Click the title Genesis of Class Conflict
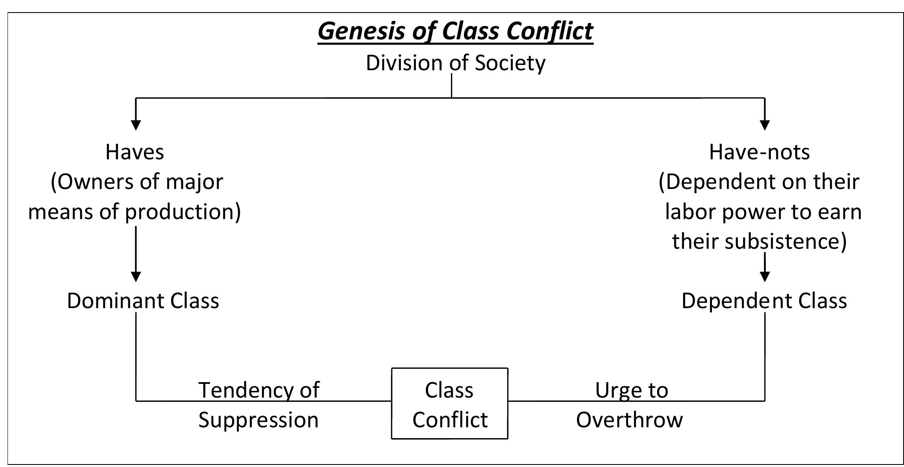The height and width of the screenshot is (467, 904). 455,31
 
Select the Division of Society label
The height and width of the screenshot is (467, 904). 455,63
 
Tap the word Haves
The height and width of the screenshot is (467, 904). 134,152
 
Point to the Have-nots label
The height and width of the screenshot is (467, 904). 759,152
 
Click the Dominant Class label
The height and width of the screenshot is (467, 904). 143,301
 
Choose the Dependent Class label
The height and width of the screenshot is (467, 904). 764,301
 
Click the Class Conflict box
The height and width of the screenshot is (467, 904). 450,404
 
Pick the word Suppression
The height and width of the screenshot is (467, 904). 258,420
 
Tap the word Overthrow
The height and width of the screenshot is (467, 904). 629,419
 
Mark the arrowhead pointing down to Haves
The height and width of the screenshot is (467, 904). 136,125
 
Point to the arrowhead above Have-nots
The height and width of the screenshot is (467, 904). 765,125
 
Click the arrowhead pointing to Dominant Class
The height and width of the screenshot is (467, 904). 136,276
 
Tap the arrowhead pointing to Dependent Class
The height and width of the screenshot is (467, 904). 765,276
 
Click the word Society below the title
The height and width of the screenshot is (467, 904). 510,63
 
